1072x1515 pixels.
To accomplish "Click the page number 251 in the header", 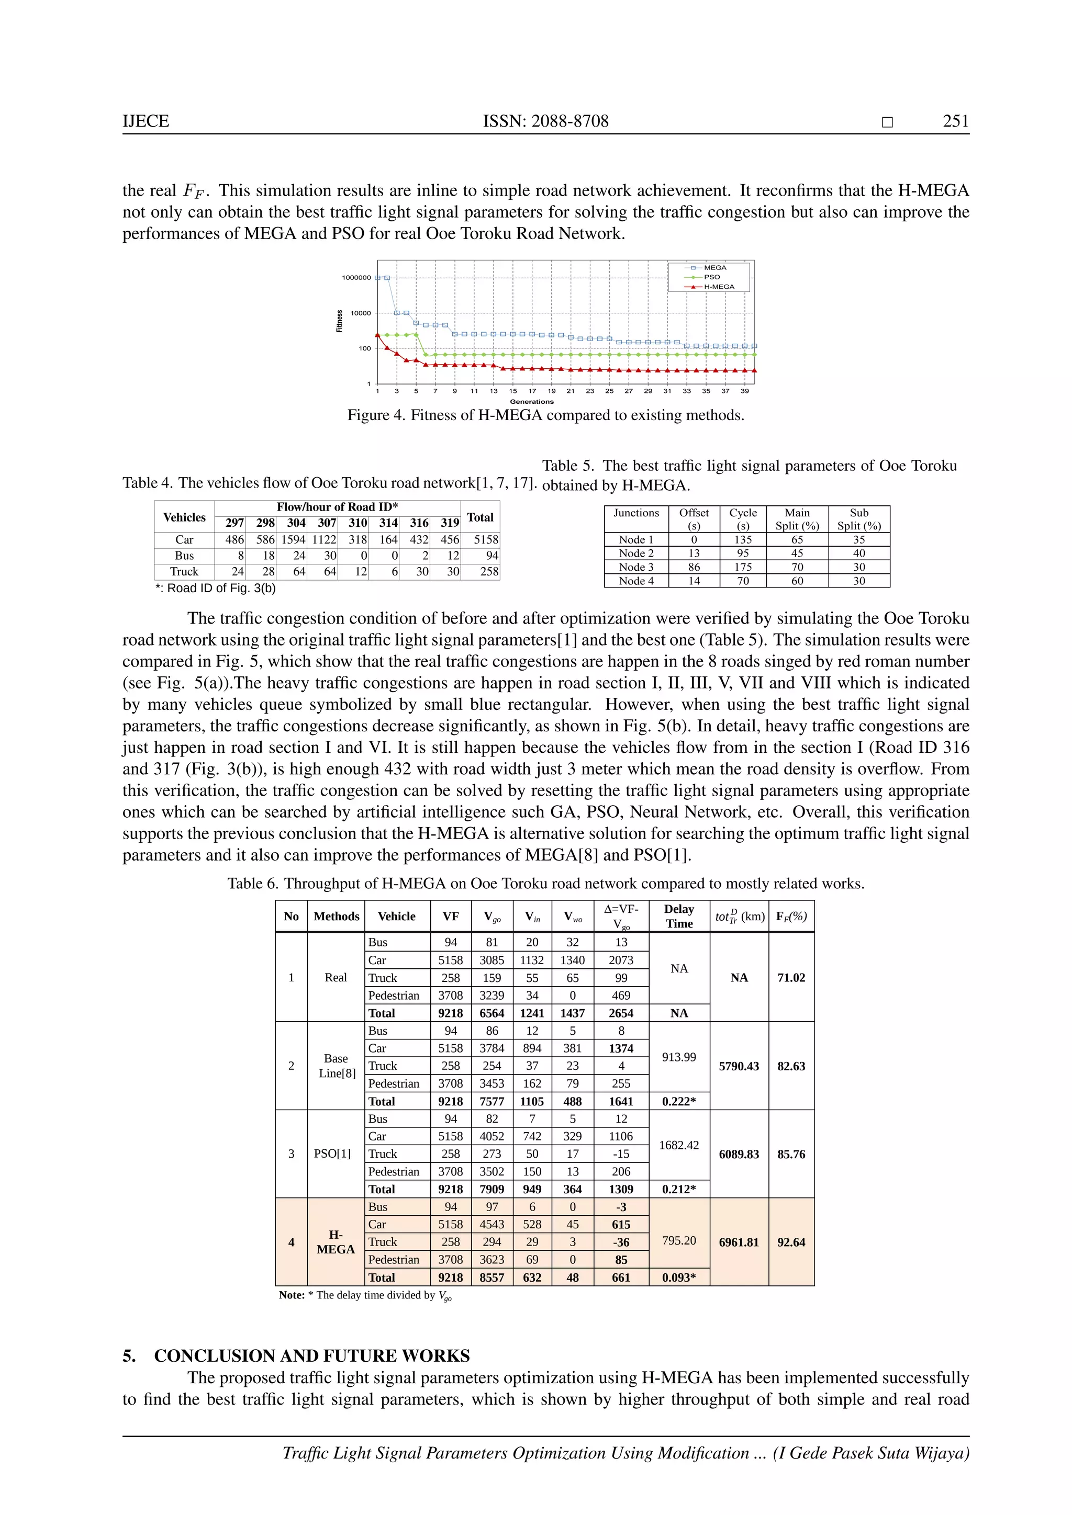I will pos(955,121).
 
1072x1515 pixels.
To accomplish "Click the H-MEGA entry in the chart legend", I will pos(718,286).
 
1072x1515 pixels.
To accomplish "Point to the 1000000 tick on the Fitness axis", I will pos(356,278).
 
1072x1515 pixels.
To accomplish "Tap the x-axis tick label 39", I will pos(745,391).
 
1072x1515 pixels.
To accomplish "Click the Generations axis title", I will pos(531,401).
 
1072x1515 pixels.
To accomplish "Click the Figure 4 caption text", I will pos(545,415).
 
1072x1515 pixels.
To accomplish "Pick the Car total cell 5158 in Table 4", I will pos(486,540).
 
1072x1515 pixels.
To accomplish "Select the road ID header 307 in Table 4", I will pos(327,523).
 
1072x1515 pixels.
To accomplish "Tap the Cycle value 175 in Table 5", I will pos(743,567).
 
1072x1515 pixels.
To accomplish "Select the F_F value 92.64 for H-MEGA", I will pos(791,1242).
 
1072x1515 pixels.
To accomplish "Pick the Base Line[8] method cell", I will pos(336,1066).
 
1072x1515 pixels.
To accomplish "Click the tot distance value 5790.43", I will pos(739,1066).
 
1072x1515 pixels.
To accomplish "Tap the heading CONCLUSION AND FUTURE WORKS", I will pos(311,1356).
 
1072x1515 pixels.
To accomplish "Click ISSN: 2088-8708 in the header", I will pos(545,121).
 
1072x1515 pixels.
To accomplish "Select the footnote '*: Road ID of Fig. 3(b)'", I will pos(215,588).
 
